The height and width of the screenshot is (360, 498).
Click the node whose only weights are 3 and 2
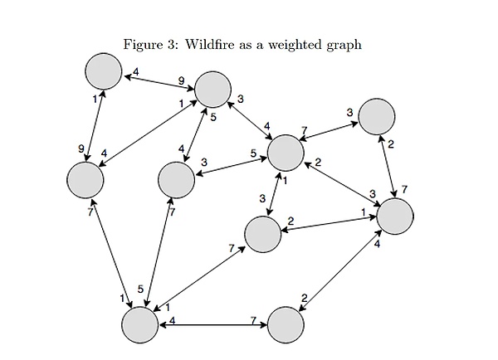click(377, 115)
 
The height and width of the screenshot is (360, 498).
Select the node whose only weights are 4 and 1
click(104, 71)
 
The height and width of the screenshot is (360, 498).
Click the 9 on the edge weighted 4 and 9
click(181, 80)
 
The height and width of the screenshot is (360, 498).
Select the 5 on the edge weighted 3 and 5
click(253, 153)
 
